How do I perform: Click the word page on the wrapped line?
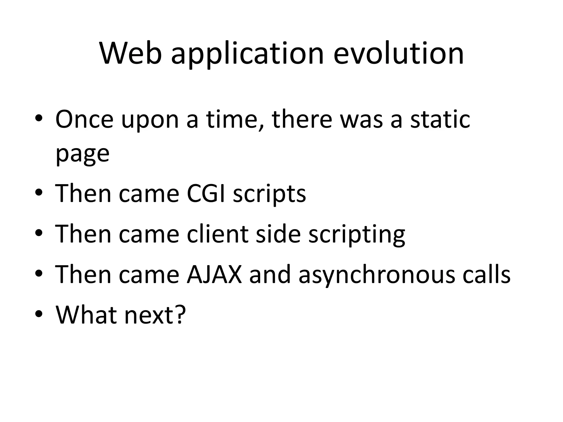tap(82, 154)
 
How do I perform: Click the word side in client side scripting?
tap(278, 234)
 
